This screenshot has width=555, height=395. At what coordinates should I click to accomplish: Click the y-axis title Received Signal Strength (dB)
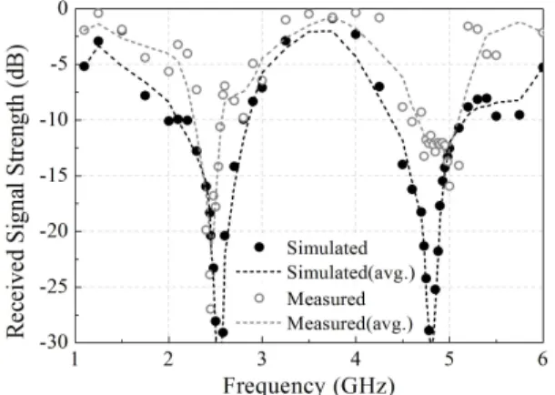pos(16,191)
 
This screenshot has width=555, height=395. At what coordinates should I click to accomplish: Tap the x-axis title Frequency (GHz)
pos(309,385)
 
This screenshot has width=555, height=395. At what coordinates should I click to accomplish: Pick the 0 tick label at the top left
pos(63,8)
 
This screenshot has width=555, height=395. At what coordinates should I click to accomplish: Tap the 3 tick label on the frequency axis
pos(262,359)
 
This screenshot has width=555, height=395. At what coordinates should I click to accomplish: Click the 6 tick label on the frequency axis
pos(542,359)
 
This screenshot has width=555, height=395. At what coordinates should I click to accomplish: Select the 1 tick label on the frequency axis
pos(75,359)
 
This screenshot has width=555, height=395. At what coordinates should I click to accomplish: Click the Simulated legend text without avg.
pos(327,248)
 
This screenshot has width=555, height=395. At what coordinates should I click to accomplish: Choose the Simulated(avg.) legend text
pos(350,273)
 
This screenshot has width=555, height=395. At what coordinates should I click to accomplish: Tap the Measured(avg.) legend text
pos(349,323)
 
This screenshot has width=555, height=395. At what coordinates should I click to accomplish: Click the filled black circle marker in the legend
pos(259,248)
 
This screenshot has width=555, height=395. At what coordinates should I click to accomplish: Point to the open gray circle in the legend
pos(259,298)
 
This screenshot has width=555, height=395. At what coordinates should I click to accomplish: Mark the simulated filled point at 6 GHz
pos(542,67)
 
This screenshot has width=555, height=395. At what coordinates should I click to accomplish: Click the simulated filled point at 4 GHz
pos(356,35)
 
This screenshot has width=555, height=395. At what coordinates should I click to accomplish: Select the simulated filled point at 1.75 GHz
pos(146,96)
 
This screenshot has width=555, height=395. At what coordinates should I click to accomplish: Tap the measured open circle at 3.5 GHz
pos(308,14)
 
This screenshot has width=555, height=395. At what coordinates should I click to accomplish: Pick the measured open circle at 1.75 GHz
pos(146,57)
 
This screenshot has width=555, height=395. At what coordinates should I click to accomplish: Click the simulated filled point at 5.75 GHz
pos(520,115)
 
